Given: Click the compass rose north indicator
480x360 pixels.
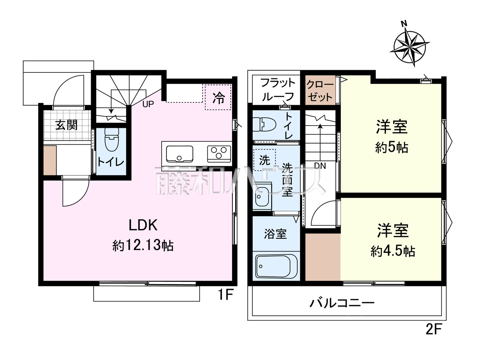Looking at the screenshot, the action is [x=404, y=23].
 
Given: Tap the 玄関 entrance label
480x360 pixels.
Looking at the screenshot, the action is [x=66, y=125].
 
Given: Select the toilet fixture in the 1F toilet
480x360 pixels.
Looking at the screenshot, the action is [x=112, y=139].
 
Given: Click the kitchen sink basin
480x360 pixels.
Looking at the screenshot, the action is [x=180, y=154].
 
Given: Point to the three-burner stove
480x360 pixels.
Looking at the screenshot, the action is [x=219, y=154].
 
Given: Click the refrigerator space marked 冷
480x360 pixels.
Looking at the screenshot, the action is [x=218, y=97].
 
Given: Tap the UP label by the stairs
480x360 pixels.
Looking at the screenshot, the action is [x=148, y=104].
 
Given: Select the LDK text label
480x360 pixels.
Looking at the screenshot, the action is [x=143, y=225].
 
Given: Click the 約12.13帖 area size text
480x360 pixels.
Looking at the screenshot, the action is [x=143, y=245].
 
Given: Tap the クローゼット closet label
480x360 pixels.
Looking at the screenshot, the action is [x=320, y=90].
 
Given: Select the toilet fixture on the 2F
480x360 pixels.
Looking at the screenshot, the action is [x=264, y=124].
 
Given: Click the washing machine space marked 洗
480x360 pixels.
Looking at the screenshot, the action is [x=265, y=160].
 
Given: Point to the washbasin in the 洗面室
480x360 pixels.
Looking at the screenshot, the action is [x=262, y=197].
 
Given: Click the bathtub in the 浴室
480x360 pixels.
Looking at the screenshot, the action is [x=276, y=267].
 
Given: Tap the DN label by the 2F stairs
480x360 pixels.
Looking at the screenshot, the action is [x=320, y=166].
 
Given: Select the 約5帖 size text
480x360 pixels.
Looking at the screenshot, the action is [x=391, y=147].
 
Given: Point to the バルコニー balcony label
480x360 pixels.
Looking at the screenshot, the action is [x=342, y=303].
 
